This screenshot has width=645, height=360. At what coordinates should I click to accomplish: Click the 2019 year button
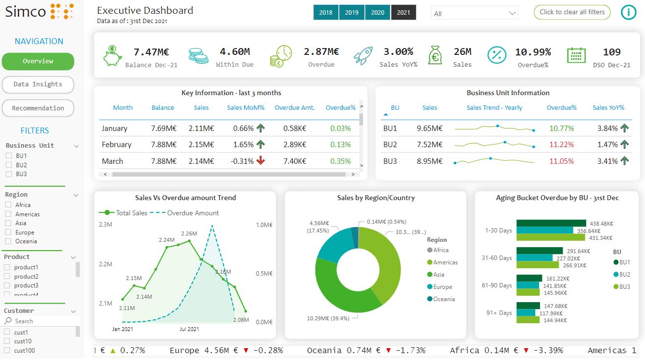(352, 13)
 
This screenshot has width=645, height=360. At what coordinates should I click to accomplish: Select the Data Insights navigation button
(38, 84)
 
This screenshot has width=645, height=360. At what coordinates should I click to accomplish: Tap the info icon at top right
(628, 13)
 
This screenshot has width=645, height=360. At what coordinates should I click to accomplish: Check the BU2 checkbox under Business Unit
(8, 165)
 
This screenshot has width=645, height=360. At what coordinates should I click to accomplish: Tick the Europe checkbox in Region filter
(8, 232)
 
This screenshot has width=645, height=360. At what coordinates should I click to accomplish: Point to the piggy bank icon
(112, 55)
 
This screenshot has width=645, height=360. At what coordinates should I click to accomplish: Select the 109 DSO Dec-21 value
(612, 52)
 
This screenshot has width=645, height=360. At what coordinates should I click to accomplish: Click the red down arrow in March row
(260, 161)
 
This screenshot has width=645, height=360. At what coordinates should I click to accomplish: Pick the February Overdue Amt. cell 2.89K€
(295, 145)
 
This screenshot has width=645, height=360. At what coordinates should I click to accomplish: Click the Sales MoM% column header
(246, 108)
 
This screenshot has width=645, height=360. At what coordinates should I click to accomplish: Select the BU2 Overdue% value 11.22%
(562, 145)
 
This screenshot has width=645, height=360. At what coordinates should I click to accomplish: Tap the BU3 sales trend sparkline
(494, 161)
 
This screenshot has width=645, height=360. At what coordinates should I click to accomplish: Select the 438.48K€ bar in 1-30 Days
(551, 223)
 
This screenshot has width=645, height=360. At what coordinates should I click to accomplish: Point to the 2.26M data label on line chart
(189, 233)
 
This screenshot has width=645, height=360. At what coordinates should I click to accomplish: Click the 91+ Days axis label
(498, 313)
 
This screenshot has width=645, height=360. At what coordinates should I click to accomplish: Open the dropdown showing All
(474, 14)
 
